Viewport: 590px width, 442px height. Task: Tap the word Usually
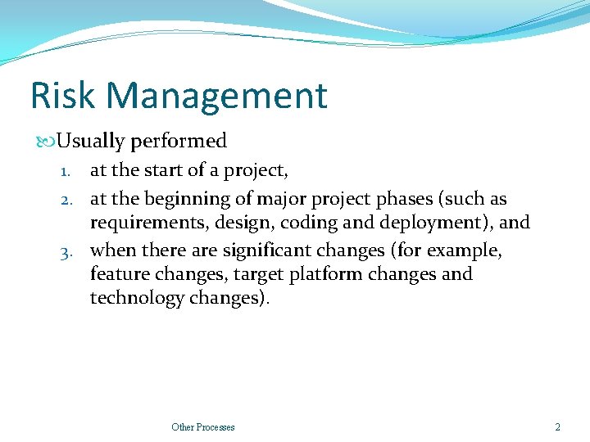(90, 142)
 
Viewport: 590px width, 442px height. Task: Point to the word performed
(178, 142)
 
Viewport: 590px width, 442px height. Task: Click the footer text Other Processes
(202, 427)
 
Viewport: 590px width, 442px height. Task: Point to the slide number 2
(557, 427)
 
